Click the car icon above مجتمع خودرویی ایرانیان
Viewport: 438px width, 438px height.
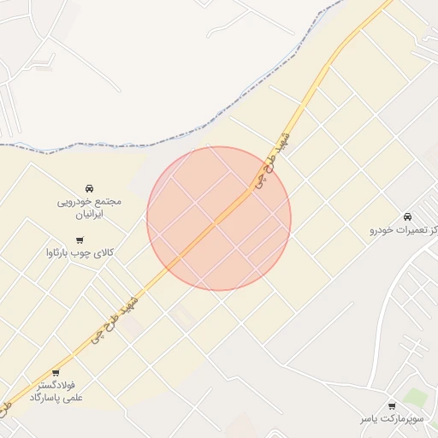click(89, 188)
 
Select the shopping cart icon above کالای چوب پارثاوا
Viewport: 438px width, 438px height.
click(80, 240)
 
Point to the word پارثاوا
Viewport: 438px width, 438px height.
click(65, 253)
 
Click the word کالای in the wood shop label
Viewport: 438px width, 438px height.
click(104, 253)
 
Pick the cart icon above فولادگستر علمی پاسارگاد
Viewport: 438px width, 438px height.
click(56, 372)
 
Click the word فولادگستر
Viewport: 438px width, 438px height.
click(56, 386)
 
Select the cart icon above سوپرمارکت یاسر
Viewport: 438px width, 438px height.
click(392, 405)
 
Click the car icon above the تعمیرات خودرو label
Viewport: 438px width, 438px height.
click(406, 216)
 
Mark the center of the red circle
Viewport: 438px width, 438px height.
click(219, 218)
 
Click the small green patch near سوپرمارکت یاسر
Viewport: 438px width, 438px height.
click(415, 397)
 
